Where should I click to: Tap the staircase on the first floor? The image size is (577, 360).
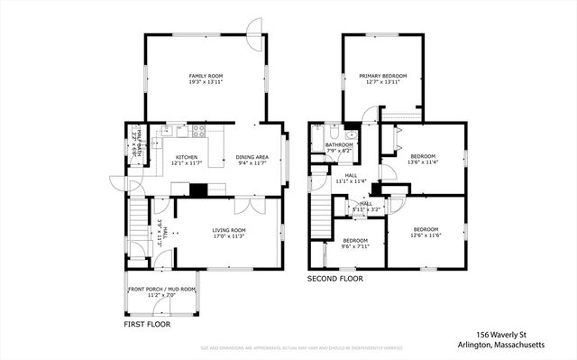(x=138, y=220)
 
